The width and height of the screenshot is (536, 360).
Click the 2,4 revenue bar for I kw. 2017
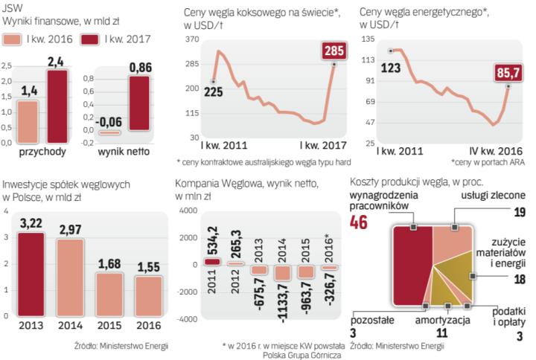pyautogui.click(x=57, y=105)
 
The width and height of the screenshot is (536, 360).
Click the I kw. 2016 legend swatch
pyautogui.click(x=15, y=39)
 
